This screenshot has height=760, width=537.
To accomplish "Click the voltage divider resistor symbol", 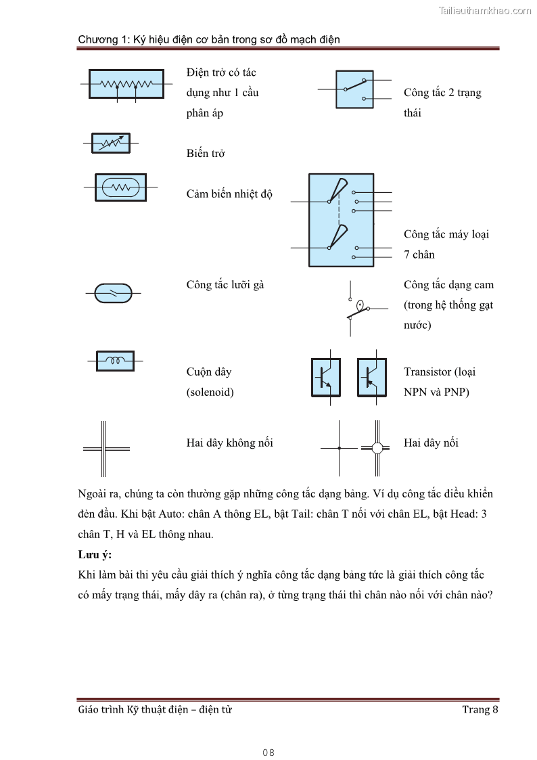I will point(126,84).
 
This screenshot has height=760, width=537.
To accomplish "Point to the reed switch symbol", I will point(113,293).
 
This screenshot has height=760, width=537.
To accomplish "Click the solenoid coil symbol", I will point(115,361).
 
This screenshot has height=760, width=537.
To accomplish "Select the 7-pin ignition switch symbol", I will point(340,221).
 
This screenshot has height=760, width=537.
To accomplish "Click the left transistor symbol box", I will point(325,377).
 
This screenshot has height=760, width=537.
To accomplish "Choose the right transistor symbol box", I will point(371,377).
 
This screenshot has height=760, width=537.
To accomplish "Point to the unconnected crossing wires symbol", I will point(105,448).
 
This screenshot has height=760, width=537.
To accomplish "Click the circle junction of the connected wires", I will point(377,448).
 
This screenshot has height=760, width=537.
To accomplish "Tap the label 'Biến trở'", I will point(206,154).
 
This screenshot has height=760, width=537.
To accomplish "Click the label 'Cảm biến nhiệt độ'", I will point(229,194).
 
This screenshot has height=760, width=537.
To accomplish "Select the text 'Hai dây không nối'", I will point(229,443).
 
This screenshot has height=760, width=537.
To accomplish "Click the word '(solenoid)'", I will point(210,392).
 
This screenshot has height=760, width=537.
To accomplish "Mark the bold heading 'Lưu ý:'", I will point(95,554).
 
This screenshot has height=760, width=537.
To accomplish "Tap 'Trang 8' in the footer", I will point(480,709).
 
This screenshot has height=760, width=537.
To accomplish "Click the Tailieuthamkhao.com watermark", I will point(484,11).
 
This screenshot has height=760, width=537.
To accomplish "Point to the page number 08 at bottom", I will point(268,753).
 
